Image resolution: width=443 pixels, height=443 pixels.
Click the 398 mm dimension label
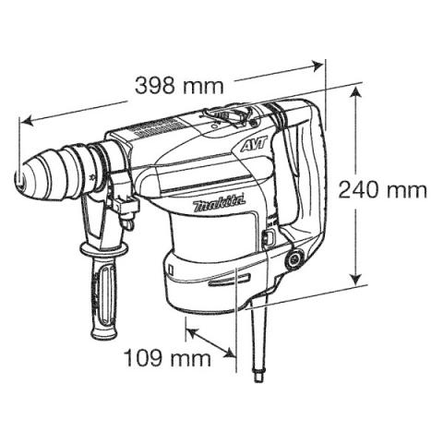coord(180,86)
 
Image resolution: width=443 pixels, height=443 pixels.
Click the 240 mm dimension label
coord(382,190)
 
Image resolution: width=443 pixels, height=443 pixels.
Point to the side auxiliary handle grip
coord(102,291)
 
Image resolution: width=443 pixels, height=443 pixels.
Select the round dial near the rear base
coord(294,260)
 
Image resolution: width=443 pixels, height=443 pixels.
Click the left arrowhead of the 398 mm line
coord(25,119)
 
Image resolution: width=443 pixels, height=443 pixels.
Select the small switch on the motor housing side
coord(269,238)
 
